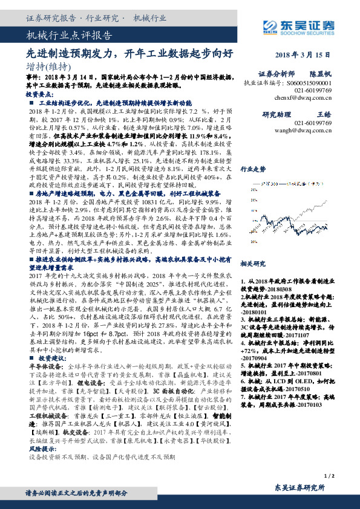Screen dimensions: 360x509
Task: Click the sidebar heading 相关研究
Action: pos(253,247)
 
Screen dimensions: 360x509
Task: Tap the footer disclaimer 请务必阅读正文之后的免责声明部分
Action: pos(82,493)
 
